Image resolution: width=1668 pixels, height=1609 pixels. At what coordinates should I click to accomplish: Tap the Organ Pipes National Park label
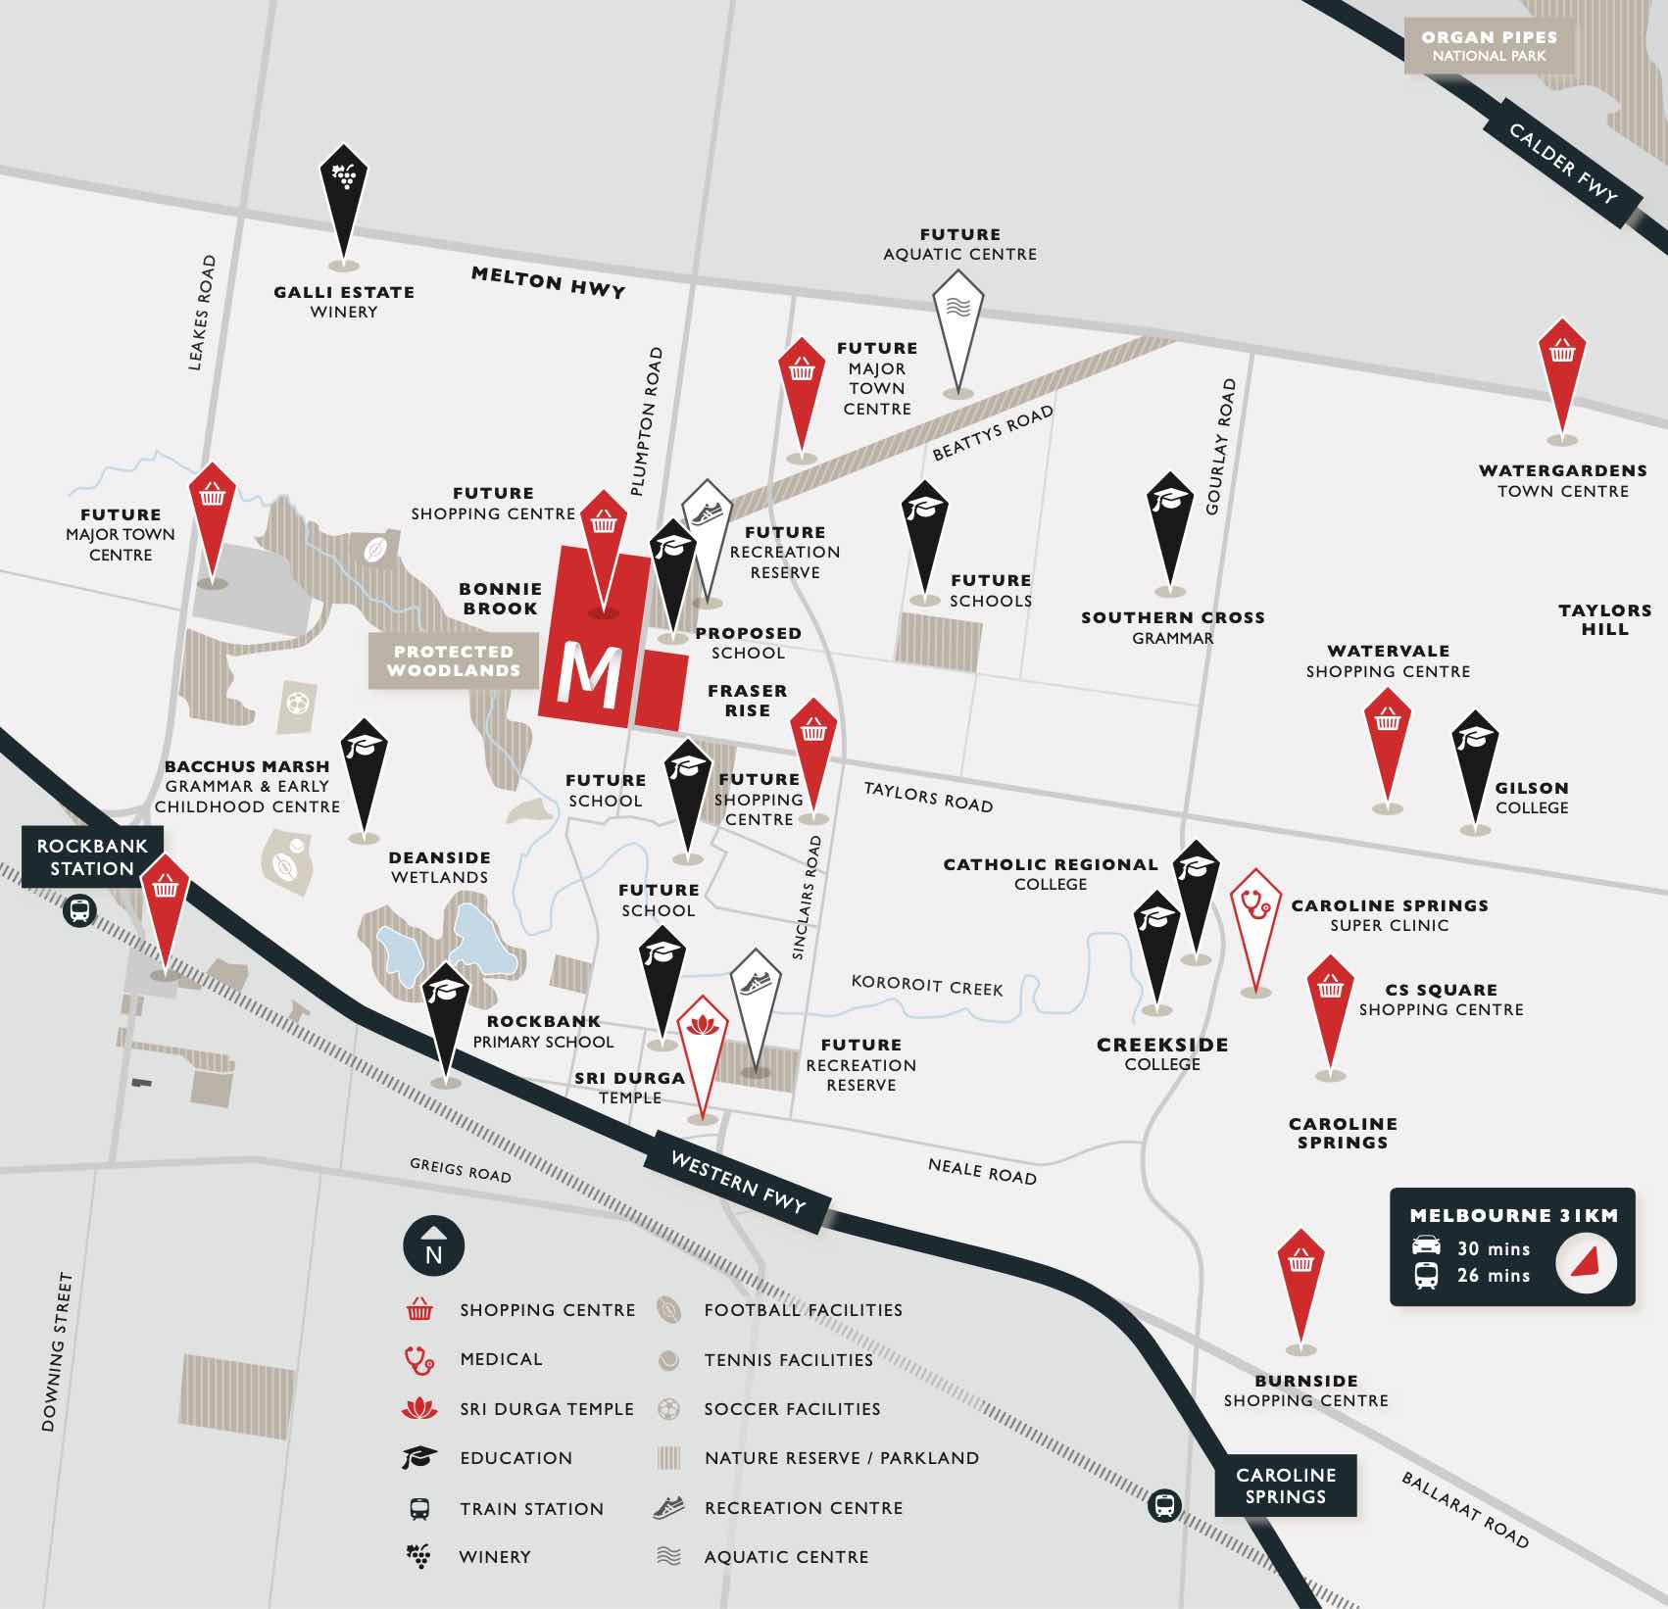pos(1489,46)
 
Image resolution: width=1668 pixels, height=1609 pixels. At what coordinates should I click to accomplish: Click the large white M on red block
pos(589,675)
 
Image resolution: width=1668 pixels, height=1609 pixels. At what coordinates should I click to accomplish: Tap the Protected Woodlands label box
pos(454,660)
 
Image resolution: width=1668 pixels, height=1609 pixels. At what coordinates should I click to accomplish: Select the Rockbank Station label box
pos(92,856)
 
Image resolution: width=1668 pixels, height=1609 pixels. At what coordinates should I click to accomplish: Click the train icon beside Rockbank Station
pos(79,911)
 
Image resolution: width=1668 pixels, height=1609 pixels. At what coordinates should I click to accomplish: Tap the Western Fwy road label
pos(737,1182)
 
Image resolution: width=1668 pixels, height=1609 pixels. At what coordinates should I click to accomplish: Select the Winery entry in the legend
pos(494,1556)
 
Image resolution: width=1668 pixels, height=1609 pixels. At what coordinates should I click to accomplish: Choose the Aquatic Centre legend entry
pos(785,1556)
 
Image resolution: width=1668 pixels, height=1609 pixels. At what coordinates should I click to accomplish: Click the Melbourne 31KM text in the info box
pos(1513,1215)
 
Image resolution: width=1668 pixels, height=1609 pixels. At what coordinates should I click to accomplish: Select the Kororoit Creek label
pos(926,985)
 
